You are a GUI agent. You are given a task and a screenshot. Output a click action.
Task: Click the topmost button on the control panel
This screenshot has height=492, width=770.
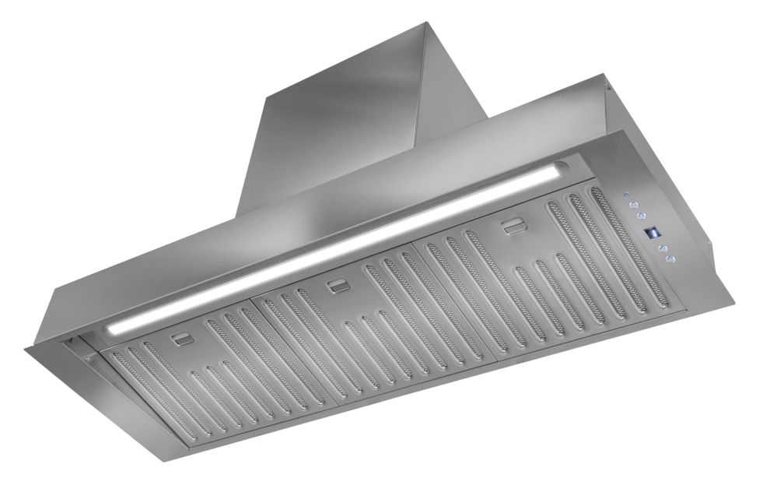pyautogui.click(x=625, y=195)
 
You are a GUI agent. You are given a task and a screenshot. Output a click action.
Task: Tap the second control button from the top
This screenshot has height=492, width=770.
pyautogui.click(x=635, y=206)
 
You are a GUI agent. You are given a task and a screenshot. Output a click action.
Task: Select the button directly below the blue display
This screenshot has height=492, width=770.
pyautogui.click(x=663, y=247)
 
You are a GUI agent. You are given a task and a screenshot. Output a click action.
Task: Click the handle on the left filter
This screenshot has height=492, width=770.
pyautogui.click(x=184, y=339)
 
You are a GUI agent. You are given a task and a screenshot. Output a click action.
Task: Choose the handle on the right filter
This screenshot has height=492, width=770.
pyautogui.click(x=512, y=227)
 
